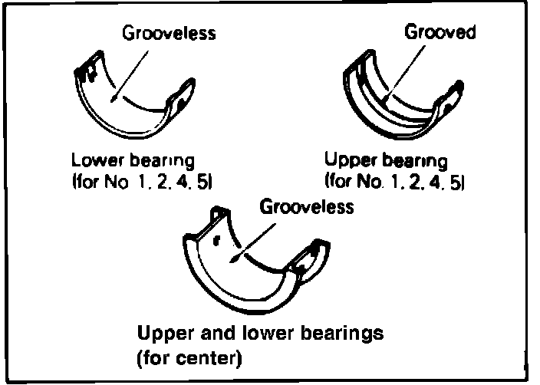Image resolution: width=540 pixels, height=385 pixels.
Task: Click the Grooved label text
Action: (440, 33)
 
